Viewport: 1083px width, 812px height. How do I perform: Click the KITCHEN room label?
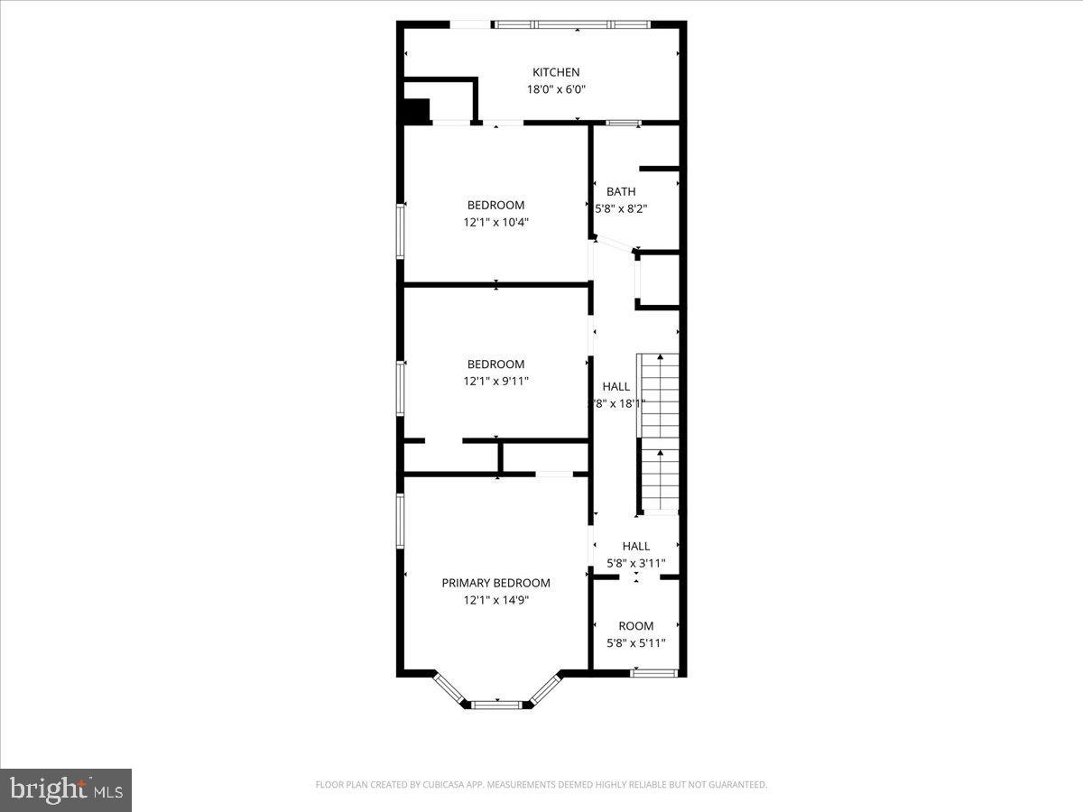coord(555,72)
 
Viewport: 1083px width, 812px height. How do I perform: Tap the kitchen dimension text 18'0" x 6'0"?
coord(555,89)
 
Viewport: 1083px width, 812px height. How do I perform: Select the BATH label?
coord(620,191)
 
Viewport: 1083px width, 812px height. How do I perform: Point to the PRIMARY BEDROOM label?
coord(495,583)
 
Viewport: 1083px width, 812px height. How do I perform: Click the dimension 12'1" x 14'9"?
coord(495,600)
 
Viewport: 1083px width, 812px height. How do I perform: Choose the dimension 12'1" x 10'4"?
coord(495,222)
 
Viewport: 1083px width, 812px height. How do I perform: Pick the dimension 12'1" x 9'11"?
coord(495,382)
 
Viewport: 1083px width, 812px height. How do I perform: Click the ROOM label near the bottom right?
coord(635,626)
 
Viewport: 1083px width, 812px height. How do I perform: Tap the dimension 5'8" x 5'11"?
coord(635,643)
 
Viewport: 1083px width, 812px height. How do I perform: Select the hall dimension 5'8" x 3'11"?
coord(635,564)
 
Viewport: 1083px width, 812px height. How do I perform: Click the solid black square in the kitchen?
coord(416,112)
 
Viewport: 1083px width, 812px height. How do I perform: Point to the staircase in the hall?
coord(658,433)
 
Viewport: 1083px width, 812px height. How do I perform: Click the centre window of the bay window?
coord(496,704)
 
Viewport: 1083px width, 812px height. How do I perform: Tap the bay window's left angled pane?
coord(449,687)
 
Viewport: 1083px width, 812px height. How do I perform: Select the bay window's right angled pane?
coord(544,687)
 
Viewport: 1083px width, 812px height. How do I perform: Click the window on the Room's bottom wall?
coord(653,672)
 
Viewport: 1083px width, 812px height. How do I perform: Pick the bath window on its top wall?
coord(623,122)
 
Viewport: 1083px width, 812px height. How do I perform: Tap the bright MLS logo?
coord(66,790)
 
